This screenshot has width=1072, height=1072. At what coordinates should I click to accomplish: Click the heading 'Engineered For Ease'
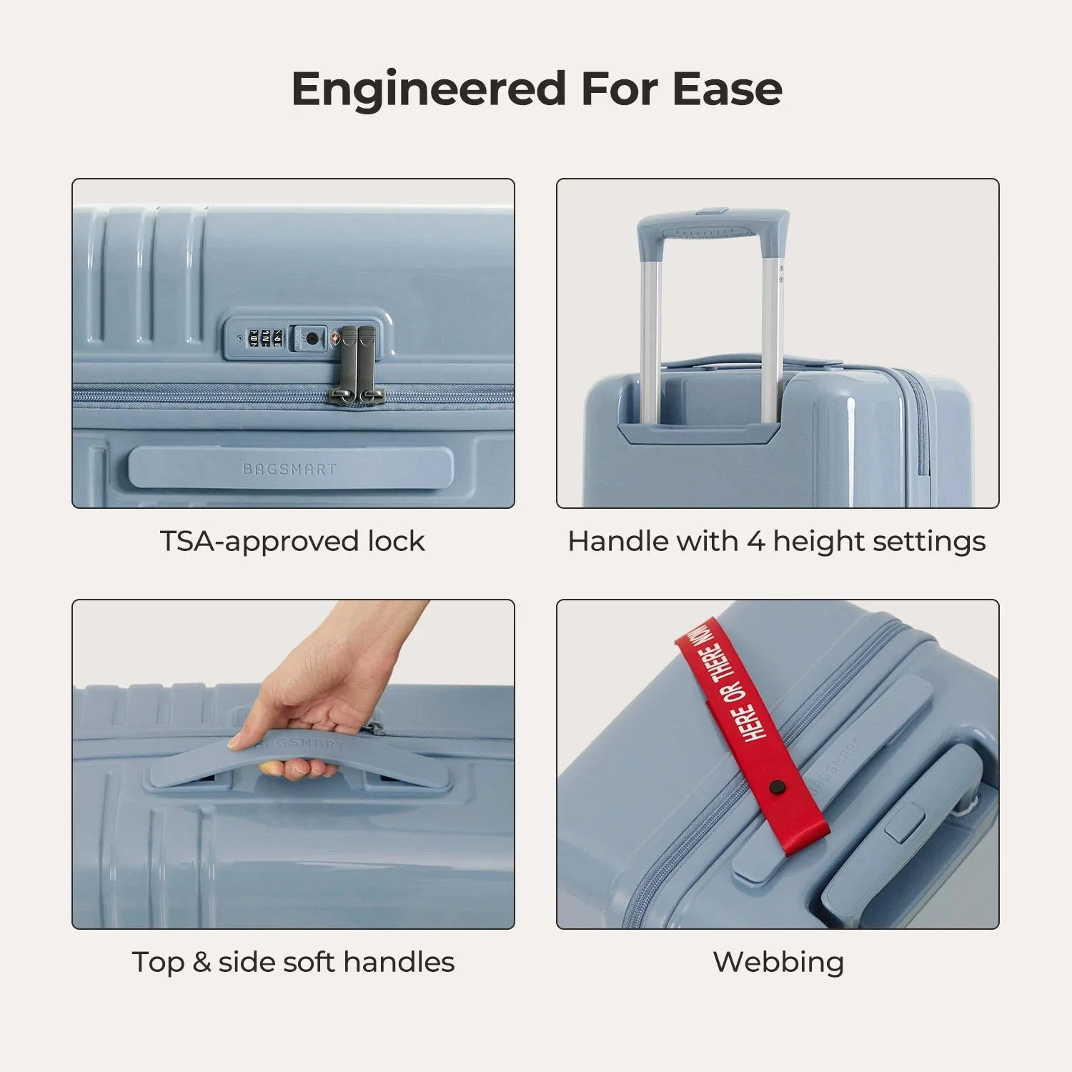[x=536, y=89]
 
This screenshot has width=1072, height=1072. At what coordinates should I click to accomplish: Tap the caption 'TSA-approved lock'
[x=292, y=541]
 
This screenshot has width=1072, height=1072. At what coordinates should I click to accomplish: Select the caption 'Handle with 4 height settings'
[x=777, y=541]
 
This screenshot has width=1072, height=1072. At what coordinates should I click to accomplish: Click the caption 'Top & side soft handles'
[x=293, y=962]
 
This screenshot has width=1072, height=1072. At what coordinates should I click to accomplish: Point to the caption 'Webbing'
[x=778, y=962]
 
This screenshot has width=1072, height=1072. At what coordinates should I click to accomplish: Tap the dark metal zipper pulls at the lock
[x=357, y=364]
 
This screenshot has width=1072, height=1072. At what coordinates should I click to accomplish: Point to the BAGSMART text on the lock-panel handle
[x=289, y=470]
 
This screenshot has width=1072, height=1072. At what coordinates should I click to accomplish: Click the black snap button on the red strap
[x=776, y=788]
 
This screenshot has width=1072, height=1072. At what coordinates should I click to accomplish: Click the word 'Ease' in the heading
[x=727, y=89]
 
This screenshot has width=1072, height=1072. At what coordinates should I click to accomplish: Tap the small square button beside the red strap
[x=905, y=822]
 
